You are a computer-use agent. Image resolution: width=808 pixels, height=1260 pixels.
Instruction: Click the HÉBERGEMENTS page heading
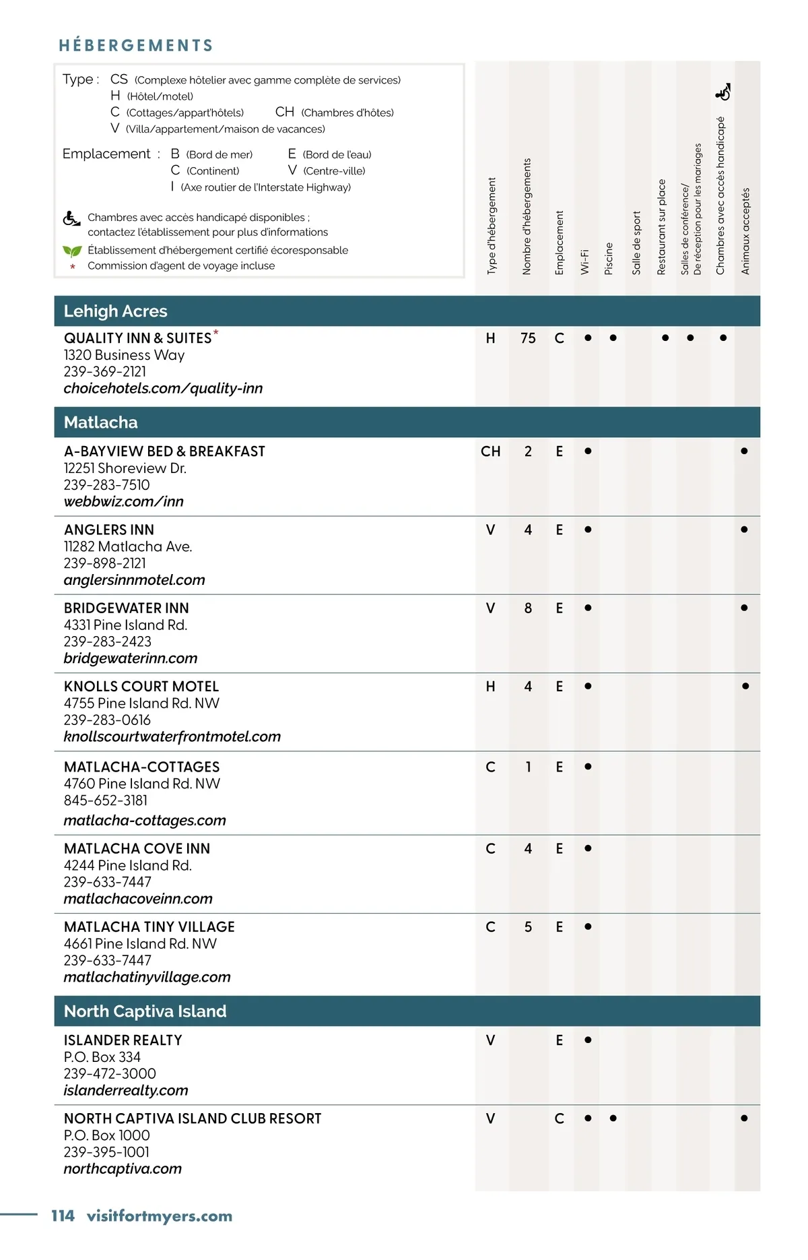tap(136, 45)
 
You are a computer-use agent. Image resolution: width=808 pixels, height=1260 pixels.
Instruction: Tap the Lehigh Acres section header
tap(115, 311)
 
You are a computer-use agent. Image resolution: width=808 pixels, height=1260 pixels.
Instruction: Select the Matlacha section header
tap(100, 422)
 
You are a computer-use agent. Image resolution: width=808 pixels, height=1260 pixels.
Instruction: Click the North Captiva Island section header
tap(145, 1011)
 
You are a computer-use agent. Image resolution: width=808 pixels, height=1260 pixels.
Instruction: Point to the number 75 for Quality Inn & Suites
tap(528, 338)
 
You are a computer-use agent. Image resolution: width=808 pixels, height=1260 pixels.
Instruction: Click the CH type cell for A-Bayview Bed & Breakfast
tap(490, 451)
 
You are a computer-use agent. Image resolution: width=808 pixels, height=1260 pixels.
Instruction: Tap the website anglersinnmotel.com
tap(134, 580)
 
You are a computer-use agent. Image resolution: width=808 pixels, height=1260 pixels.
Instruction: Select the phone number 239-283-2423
tap(107, 641)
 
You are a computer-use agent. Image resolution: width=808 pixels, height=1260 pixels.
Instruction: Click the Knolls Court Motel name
tap(141, 687)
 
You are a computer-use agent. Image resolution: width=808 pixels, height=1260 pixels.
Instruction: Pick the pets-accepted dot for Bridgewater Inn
tap(744, 608)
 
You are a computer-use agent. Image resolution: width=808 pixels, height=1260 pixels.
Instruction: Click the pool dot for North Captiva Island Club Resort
tap(613, 1119)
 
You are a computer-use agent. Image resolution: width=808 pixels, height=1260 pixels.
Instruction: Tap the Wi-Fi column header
tap(584, 261)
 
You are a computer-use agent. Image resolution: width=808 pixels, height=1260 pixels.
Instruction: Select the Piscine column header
tap(609, 258)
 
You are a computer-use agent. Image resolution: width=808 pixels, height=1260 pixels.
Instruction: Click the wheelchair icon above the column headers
tap(723, 92)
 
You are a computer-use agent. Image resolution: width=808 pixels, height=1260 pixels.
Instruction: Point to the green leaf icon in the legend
tap(71, 251)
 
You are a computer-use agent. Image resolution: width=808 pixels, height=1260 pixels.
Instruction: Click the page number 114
tap(63, 1216)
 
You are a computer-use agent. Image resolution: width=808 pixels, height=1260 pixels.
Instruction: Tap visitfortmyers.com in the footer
tap(160, 1216)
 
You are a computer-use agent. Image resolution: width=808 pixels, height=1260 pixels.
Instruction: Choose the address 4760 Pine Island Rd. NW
tap(142, 784)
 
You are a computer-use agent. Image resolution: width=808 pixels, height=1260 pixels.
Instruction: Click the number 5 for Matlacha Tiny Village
tap(528, 927)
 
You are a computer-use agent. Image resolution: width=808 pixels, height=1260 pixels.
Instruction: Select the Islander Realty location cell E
tap(559, 1040)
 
